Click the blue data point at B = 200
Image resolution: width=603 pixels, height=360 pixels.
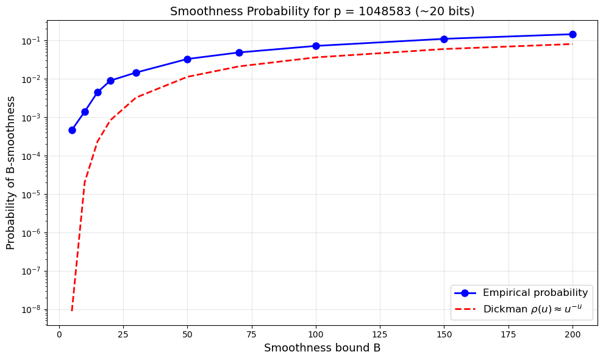click(573, 34)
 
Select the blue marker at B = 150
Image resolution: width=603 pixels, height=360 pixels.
click(444, 39)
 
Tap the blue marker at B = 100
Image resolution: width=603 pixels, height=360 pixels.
click(316, 46)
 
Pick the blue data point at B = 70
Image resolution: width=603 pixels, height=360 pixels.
click(239, 52)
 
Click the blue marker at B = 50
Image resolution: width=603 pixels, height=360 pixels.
click(187, 59)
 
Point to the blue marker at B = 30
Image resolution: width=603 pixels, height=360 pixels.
click(136, 73)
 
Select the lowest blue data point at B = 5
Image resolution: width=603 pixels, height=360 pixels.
click(72, 130)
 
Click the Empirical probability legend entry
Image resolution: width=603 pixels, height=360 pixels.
click(535, 292)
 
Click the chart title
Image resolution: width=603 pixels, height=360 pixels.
click(322, 11)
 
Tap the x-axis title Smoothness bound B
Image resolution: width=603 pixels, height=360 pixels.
click(322, 348)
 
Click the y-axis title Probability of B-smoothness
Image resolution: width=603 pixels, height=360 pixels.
click(10, 173)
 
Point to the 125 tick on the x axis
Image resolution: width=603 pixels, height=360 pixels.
click(380, 334)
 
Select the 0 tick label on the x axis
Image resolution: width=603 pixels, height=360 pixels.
click(59, 334)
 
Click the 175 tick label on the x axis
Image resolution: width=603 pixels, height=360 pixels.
click(508, 334)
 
